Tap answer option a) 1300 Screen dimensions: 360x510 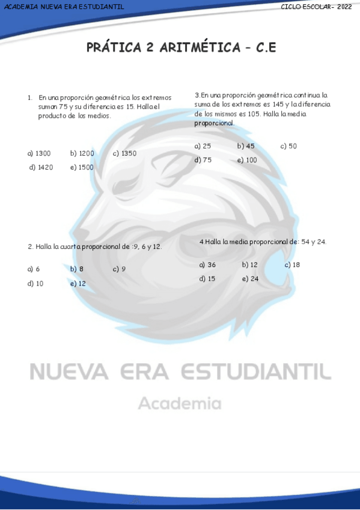point(39,153)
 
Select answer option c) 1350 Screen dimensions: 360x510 point(124,153)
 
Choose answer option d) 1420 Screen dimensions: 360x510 point(41,168)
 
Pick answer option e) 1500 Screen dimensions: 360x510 point(82,168)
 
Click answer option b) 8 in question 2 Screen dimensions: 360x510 point(76,269)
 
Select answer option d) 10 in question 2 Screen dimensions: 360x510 point(35,284)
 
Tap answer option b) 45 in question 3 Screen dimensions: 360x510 point(246,146)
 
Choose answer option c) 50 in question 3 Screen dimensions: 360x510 point(288,146)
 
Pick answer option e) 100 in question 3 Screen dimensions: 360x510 point(247,161)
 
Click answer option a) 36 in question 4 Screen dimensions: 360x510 point(207,265)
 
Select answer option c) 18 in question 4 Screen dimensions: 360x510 point(292,265)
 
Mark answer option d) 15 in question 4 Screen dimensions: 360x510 point(207,279)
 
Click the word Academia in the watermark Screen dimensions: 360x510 point(180,404)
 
